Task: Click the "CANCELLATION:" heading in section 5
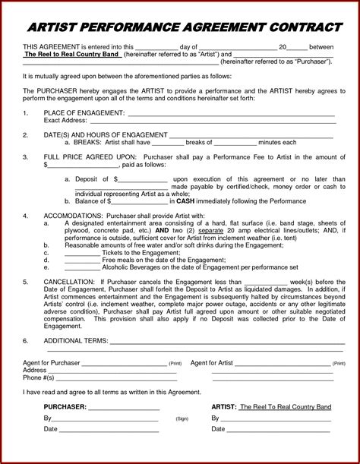coord(69,281)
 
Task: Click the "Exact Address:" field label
coord(65,120)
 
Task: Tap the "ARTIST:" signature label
coord(223,406)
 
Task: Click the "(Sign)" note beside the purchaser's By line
coord(182,418)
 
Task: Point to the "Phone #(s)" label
coord(39,377)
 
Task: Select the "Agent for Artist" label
coord(211,363)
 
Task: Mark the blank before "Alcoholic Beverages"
coord(82,267)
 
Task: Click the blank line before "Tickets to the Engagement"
coord(82,253)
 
